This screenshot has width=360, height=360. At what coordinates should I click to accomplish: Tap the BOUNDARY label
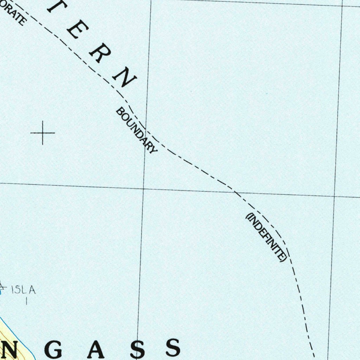[136, 130]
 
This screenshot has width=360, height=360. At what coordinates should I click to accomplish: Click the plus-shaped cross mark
[43, 133]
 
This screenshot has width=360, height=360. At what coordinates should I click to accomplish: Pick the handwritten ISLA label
[23, 290]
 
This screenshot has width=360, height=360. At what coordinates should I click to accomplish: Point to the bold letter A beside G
[97, 349]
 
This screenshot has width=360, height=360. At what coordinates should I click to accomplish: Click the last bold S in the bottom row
[173, 348]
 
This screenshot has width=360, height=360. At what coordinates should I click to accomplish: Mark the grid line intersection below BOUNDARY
[143, 189]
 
